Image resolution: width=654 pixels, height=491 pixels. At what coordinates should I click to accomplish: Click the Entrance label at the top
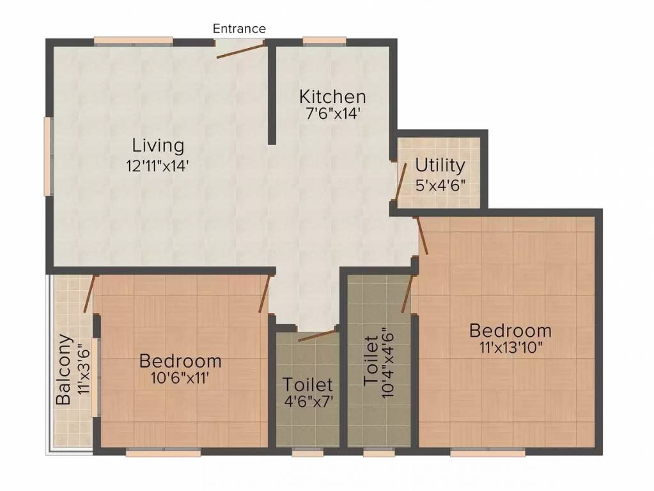pyautogui.click(x=239, y=28)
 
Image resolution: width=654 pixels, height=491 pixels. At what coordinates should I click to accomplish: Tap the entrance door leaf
pyautogui.click(x=240, y=50)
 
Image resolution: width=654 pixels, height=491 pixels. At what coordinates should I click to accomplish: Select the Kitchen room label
pyautogui.click(x=332, y=97)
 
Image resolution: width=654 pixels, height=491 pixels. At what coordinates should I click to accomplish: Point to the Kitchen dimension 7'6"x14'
pyautogui.click(x=332, y=113)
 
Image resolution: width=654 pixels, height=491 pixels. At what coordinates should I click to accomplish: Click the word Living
pyautogui.click(x=158, y=146)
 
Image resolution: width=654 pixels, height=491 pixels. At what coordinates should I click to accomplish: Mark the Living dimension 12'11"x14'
pyautogui.click(x=158, y=166)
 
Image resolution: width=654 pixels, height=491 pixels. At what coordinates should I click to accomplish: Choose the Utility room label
pyautogui.click(x=440, y=166)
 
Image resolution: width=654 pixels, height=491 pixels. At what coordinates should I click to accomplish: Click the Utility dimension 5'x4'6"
pyautogui.click(x=440, y=184)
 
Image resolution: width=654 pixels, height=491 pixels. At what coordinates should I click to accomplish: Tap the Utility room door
pyautogui.click(x=401, y=180)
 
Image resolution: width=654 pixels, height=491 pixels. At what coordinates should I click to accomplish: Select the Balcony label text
pyautogui.click(x=63, y=369)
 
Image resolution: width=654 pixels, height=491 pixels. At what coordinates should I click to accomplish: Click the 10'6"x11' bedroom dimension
pyautogui.click(x=180, y=378)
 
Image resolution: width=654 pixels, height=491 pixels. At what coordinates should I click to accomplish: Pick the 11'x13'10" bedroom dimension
pyautogui.click(x=511, y=348)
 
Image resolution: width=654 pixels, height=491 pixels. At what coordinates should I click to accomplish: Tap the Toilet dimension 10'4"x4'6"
pyautogui.click(x=387, y=362)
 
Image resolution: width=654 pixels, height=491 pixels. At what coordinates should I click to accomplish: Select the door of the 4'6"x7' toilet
pyautogui.click(x=317, y=336)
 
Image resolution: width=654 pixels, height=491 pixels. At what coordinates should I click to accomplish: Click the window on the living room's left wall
pyautogui.click(x=49, y=156)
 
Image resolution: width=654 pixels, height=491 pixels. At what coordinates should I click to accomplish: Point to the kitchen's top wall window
pyautogui.click(x=325, y=41)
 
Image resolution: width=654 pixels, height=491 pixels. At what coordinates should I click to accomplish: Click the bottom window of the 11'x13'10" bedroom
pyautogui.click(x=488, y=452)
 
